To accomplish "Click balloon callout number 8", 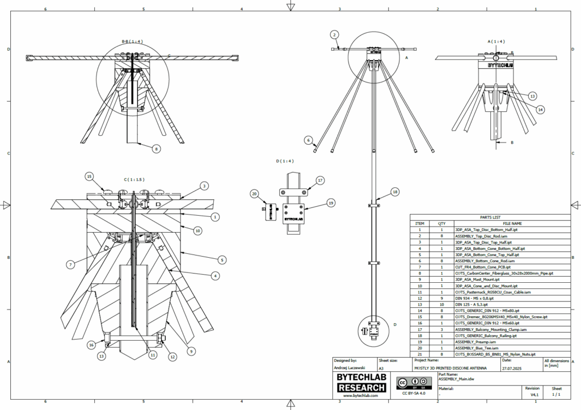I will (156, 149).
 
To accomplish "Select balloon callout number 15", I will (89, 177).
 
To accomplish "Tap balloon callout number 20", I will (255, 194).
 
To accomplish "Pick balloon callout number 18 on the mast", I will (395, 192).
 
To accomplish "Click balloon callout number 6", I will (308, 140).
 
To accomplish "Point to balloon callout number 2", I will (335, 35).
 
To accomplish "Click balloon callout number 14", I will (540, 109).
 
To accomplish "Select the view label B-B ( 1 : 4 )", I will (133, 41).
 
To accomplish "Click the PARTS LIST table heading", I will (490, 217).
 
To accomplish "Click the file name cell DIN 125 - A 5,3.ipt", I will (471, 304).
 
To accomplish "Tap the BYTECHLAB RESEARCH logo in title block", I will (361, 383).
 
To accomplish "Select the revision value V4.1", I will (533, 394).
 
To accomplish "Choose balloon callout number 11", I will (152, 355).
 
